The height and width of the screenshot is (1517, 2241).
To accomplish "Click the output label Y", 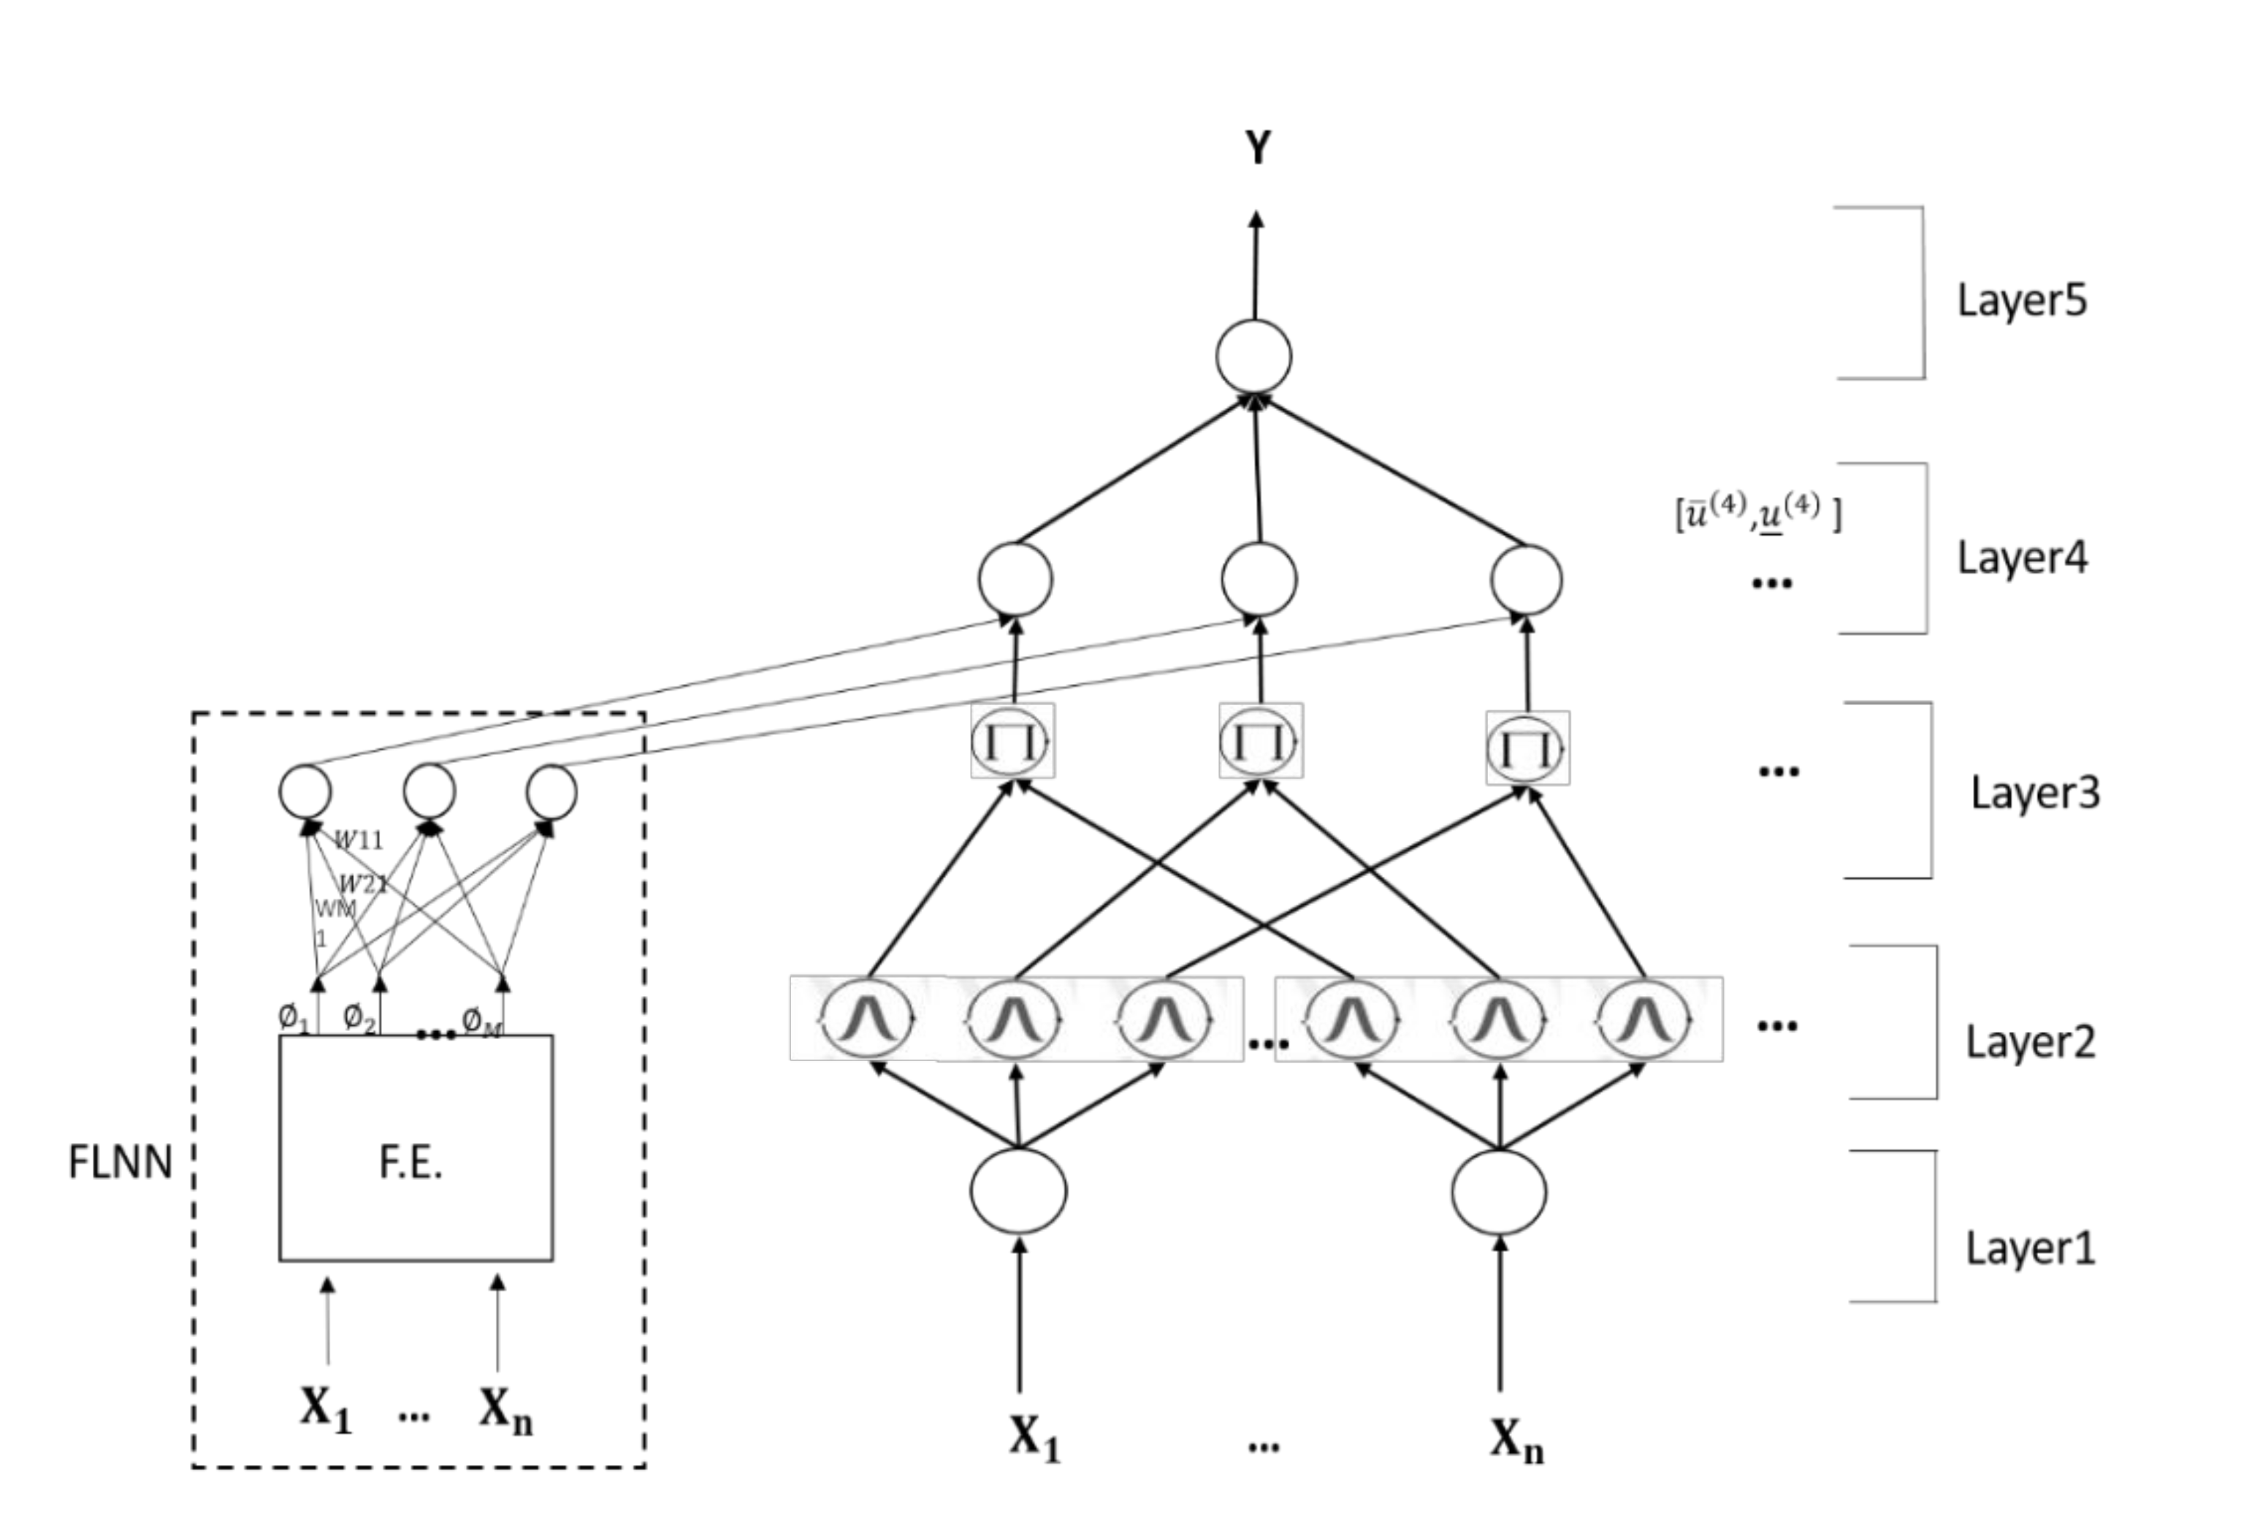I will pyautogui.click(x=1257, y=148).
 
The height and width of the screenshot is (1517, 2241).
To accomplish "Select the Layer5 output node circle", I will pyautogui.click(x=1253, y=356).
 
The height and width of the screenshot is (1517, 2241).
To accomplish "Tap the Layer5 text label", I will pyautogui.click(x=2021, y=300).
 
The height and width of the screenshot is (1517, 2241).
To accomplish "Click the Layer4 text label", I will pyautogui.click(x=2021, y=558).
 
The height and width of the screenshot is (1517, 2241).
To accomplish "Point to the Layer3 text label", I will pyautogui.click(x=2034, y=793).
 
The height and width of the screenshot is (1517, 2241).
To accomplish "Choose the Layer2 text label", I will pyautogui.click(x=2030, y=1043).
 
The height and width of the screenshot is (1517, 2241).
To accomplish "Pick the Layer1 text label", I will pyautogui.click(x=2030, y=1249).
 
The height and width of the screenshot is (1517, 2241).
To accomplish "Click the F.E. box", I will pyautogui.click(x=416, y=1148).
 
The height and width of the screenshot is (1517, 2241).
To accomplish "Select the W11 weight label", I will pyautogui.click(x=359, y=841).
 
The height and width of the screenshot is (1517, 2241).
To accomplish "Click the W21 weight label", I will pyautogui.click(x=364, y=883).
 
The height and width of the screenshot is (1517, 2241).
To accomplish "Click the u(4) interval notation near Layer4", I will pyautogui.click(x=1759, y=513).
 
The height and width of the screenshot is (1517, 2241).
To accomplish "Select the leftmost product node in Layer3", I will pyautogui.click(x=1012, y=741).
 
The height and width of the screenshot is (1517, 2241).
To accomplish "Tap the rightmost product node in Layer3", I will pyautogui.click(x=1527, y=748).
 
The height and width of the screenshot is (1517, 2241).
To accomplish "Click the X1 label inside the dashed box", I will pyautogui.click(x=325, y=1410).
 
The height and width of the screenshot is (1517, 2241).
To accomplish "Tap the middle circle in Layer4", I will pyautogui.click(x=1259, y=579).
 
